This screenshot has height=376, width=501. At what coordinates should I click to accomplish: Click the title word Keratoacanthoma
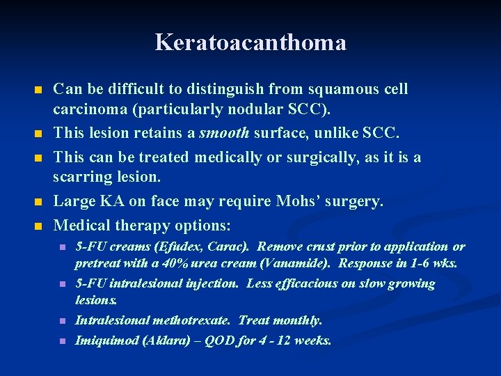[x=250, y=42]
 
